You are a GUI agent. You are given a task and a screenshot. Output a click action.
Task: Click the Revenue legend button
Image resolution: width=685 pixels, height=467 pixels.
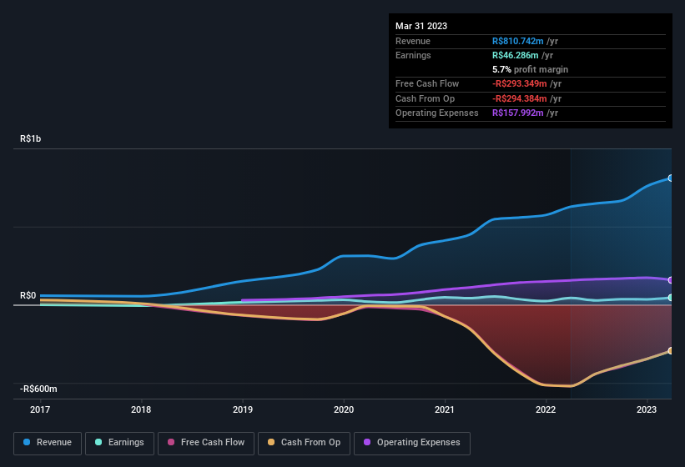click(48, 443)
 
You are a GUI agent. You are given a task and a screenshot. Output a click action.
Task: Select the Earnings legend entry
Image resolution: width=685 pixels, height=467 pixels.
click(119, 443)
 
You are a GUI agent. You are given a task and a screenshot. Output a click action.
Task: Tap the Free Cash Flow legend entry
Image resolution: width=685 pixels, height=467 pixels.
click(205, 443)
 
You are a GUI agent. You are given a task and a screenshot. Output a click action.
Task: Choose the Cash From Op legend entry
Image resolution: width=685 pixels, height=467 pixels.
click(304, 443)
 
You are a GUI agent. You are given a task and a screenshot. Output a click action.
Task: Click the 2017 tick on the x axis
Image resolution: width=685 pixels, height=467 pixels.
click(40, 409)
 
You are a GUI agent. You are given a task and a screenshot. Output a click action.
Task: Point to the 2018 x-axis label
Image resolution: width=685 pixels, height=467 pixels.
click(141, 409)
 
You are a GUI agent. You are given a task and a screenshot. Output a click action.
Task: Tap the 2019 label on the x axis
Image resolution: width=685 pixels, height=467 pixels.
click(242, 409)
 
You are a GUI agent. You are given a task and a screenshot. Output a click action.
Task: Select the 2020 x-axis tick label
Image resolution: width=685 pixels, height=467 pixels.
click(343, 409)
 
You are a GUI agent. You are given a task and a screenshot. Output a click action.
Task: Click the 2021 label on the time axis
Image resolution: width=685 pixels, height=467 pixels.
click(444, 409)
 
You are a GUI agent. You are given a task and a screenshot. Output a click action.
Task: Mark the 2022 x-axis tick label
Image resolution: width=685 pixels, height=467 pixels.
click(545, 409)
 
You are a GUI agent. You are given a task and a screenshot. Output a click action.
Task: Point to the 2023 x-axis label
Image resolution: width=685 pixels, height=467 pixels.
click(646, 409)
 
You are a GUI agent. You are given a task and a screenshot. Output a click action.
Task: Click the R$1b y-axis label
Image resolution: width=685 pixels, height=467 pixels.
click(30, 139)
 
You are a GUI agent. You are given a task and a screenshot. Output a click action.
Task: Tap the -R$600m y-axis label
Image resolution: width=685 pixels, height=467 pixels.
click(38, 389)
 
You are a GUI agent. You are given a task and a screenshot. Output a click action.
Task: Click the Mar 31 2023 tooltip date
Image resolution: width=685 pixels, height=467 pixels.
click(421, 26)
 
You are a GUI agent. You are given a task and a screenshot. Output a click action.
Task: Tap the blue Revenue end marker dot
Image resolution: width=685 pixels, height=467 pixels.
click(670, 178)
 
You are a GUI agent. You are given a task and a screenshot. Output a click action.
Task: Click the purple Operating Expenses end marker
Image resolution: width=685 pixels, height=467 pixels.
click(670, 280)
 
